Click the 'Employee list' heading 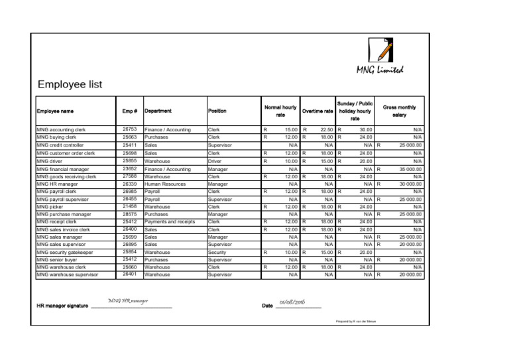pyautogui.click(x=70, y=84)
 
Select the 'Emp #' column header pyautogui.click(x=130, y=111)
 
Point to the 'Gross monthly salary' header pyautogui.click(x=399, y=111)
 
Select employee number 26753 pyautogui.click(x=130, y=129)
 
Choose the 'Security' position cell pyautogui.click(x=217, y=253)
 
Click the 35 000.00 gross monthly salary pyautogui.click(x=410, y=169)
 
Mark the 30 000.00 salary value pyautogui.click(x=410, y=184)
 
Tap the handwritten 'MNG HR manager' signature pyautogui.click(x=128, y=302)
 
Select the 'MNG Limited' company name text pyautogui.click(x=379, y=70)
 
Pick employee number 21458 pyautogui.click(x=130, y=206)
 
